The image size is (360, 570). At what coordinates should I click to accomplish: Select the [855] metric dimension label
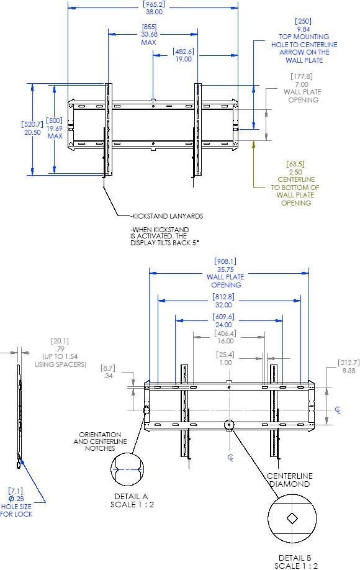click(149, 27)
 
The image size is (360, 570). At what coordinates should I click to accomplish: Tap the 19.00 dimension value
click(183, 59)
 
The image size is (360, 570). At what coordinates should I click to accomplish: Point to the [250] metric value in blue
click(304, 21)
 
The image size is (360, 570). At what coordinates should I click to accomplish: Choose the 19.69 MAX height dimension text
click(55, 132)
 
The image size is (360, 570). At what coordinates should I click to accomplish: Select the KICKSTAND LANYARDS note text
click(167, 217)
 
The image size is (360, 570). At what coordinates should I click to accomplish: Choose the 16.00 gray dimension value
click(225, 341)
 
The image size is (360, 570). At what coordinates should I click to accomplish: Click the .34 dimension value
click(107, 376)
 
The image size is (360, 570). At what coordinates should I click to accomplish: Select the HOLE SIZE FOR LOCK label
click(16, 510)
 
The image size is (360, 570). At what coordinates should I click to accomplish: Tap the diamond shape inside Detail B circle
click(291, 518)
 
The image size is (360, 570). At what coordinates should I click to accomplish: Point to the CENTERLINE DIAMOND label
click(290, 480)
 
